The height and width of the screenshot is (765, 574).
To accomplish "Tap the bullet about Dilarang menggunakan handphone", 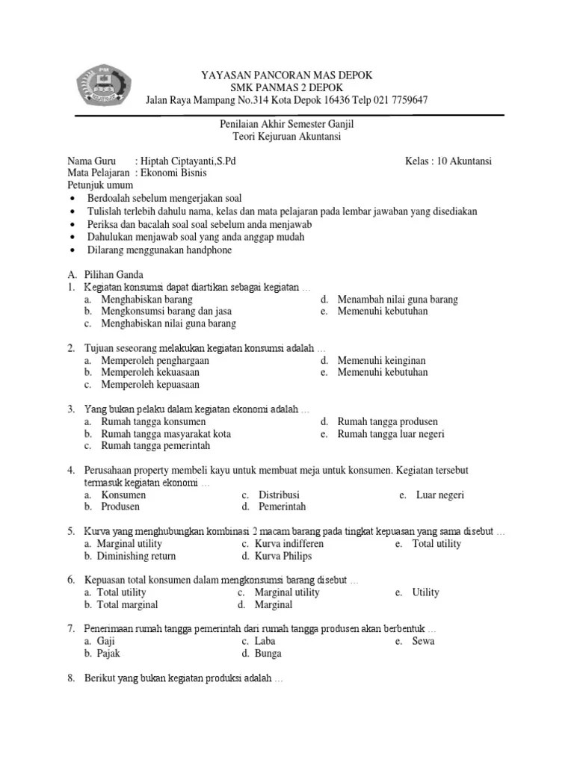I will click(x=159, y=250).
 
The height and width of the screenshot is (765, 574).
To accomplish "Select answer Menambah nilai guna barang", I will click(x=398, y=300).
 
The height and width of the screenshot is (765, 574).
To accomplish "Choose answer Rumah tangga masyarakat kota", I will click(x=166, y=433).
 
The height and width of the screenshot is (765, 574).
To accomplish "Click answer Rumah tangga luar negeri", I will click(x=391, y=433).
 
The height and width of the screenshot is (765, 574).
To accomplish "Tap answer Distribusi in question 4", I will click(x=279, y=495).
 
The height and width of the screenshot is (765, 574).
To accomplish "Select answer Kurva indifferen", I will click(x=289, y=544).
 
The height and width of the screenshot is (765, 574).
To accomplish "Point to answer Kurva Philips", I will click(x=283, y=556).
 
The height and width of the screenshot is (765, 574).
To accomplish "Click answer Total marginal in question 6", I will click(x=128, y=604).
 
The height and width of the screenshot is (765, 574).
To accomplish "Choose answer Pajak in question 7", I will click(x=108, y=653).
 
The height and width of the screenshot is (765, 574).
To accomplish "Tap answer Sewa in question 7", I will click(x=423, y=641).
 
